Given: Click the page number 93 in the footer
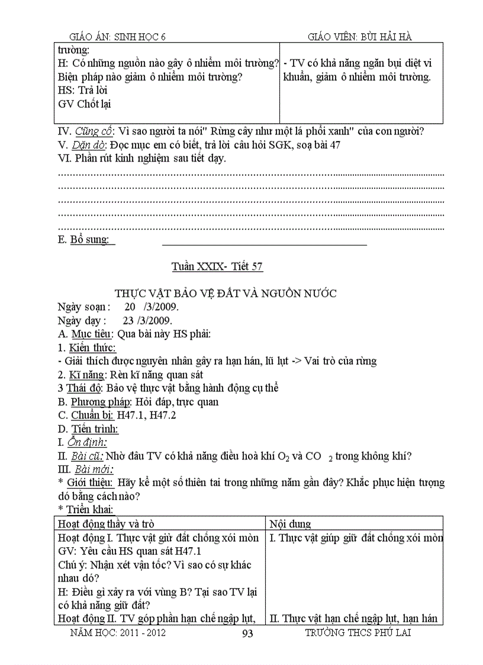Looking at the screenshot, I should [248, 633].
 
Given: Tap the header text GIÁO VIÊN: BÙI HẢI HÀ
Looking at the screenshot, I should [360, 37].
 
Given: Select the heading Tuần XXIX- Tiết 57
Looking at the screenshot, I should [217, 266].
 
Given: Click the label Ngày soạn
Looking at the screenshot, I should [82, 307].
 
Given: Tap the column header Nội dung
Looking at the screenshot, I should [290, 523].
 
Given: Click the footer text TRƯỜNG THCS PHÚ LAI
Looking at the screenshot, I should [358, 632].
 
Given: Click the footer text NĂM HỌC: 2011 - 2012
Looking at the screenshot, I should [118, 632].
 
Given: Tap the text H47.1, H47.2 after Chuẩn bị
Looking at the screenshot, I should [146, 415].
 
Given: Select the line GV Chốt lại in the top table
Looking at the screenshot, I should [85, 104].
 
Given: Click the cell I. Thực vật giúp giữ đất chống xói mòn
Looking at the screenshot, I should [356, 538].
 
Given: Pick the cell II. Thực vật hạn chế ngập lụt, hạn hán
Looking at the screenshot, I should [353, 618].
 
